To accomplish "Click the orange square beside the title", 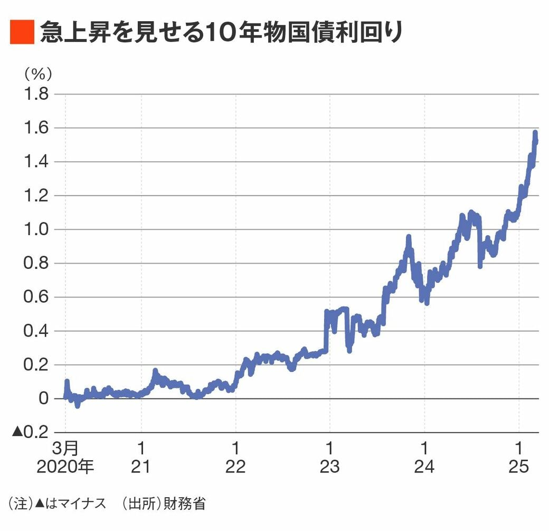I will pyautogui.click(x=22, y=32).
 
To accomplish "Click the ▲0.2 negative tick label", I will pyautogui.click(x=31, y=432).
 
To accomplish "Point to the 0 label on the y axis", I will pyautogui.click(x=44, y=398).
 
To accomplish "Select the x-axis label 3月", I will pyautogui.click(x=65, y=448).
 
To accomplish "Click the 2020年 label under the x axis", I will pyautogui.click(x=65, y=468).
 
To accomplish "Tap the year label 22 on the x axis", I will pyautogui.click(x=235, y=468).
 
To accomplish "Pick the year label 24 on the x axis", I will pyautogui.click(x=424, y=468).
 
